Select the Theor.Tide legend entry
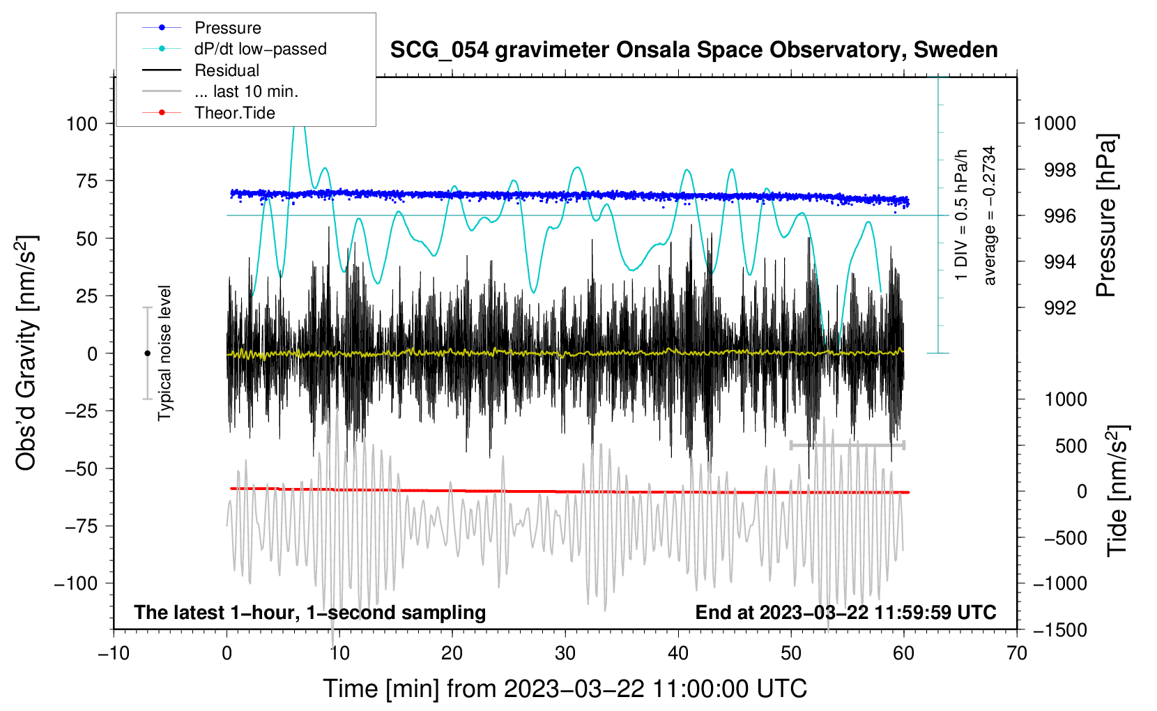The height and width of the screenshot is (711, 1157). point(234,113)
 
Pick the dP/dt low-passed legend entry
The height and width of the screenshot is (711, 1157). point(260,49)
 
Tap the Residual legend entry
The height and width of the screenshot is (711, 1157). point(227,70)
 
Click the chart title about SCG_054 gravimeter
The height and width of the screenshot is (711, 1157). point(694,50)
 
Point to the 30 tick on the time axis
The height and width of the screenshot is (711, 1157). point(565,653)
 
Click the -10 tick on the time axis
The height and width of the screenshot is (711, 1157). point(114,653)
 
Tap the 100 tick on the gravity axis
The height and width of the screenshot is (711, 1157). point(82,124)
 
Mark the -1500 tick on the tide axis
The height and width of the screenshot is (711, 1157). point(1060,630)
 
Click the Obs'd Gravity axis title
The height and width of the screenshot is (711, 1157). point(26,353)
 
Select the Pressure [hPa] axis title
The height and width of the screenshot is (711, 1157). point(1106,215)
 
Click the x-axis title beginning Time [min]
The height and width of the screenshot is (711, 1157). point(565,689)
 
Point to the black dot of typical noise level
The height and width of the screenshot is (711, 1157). point(147,353)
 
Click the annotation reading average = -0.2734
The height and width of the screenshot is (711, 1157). point(990,215)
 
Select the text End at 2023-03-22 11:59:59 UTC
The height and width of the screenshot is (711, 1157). point(845,613)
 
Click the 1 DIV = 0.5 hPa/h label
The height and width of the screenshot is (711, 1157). point(962,215)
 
